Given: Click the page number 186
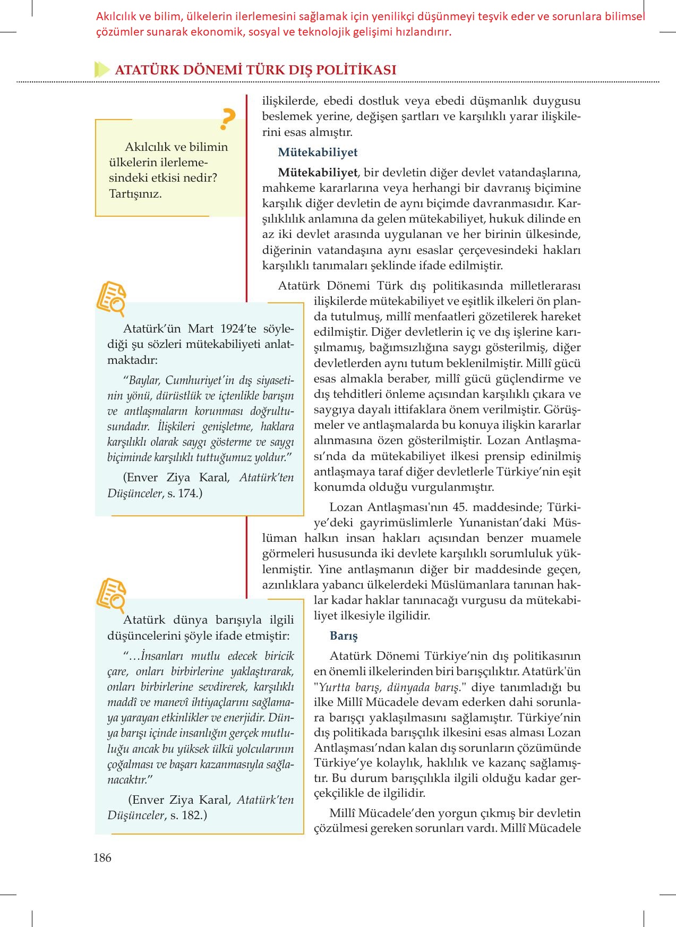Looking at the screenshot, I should click(x=102, y=857).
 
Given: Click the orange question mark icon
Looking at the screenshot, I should click(x=227, y=120).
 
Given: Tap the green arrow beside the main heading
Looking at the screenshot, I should click(x=101, y=70).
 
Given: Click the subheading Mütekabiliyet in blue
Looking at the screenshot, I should click(x=318, y=152).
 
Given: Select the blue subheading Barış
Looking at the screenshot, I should click(x=344, y=636).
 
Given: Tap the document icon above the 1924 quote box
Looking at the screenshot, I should click(x=111, y=298).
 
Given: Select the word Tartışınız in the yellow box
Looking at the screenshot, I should click(x=135, y=193).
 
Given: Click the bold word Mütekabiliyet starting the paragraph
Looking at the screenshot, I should click(x=318, y=173).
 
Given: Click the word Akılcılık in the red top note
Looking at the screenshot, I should click(x=116, y=17).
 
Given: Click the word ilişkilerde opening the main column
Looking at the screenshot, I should click(x=289, y=101).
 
